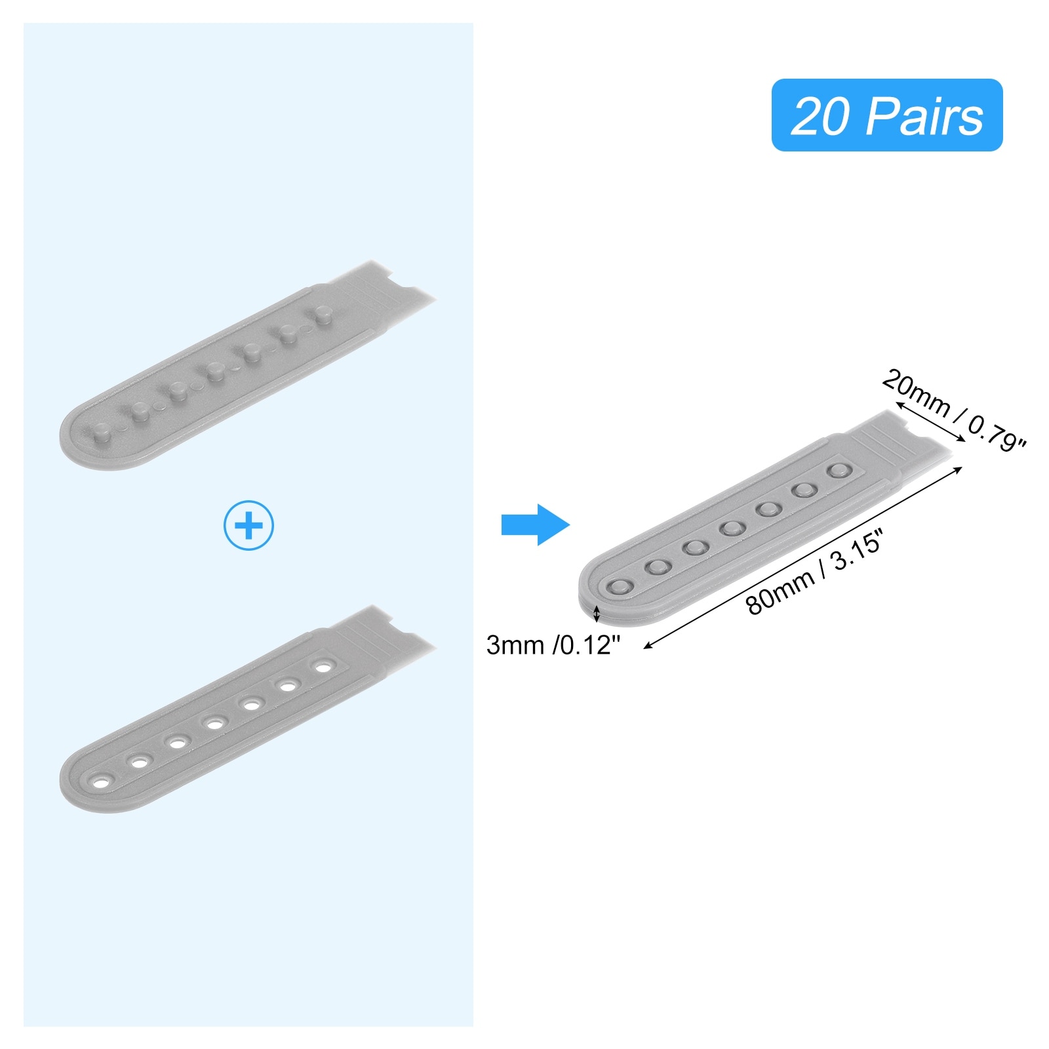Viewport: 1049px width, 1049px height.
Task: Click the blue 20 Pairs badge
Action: pos(886,115)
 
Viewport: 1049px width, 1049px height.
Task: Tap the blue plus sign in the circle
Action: pos(248,525)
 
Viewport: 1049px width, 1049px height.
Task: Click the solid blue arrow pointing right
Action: pos(535,524)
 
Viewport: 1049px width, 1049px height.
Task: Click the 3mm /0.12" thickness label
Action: pos(553,645)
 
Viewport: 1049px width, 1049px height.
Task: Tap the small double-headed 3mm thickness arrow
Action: pos(596,614)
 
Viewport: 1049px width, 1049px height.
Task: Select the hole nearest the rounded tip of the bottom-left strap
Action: pos(102,782)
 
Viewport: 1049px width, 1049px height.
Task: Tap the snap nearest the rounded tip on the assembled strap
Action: pos(619,587)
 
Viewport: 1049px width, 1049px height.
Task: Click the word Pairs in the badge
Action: pos(925,116)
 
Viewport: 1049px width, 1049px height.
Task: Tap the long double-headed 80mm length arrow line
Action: pos(803,557)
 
